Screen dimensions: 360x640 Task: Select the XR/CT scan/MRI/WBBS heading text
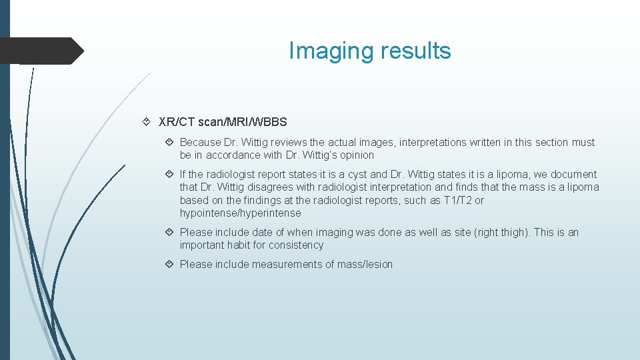[x=223, y=122]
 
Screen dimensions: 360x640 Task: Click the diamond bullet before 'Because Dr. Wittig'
[x=169, y=143]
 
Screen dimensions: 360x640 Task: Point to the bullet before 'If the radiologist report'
[x=169, y=175]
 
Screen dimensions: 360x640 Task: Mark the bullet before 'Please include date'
[x=169, y=233]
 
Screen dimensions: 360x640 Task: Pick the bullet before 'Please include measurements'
[x=169, y=265]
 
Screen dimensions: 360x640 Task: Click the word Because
[x=200, y=143]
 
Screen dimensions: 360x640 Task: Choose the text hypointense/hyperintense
[x=240, y=213]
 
